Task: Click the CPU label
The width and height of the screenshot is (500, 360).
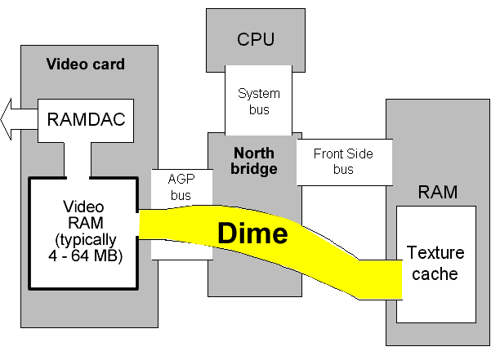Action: click(256, 39)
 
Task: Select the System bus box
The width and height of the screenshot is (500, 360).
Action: click(258, 100)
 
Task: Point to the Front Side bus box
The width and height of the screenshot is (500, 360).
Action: click(344, 161)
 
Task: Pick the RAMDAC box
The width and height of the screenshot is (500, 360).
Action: click(86, 120)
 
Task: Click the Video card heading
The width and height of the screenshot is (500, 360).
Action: click(86, 64)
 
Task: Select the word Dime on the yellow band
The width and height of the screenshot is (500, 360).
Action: click(252, 233)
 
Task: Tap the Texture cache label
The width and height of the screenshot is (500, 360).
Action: click(435, 263)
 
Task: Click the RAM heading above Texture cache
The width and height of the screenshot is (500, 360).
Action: click(438, 193)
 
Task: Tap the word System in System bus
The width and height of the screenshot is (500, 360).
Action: click(258, 93)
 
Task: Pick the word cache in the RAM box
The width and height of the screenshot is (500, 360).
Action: click(435, 273)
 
